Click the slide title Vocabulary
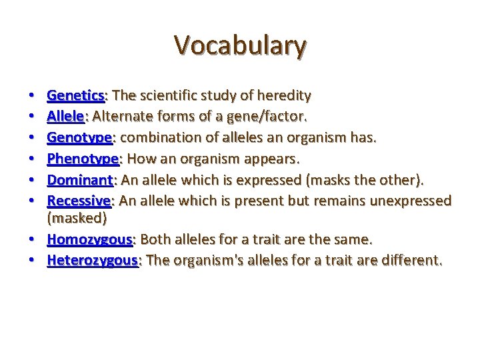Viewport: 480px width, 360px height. click(x=240, y=45)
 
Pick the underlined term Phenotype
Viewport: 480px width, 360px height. click(x=82, y=159)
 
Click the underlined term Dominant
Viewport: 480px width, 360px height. click(x=79, y=179)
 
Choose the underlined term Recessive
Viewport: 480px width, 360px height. click(x=79, y=201)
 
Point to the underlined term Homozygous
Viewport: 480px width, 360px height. click(x=90, y=239)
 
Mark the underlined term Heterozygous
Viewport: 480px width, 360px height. click(x=92, y=260)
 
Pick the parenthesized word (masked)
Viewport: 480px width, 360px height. click(x=77, y=219)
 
